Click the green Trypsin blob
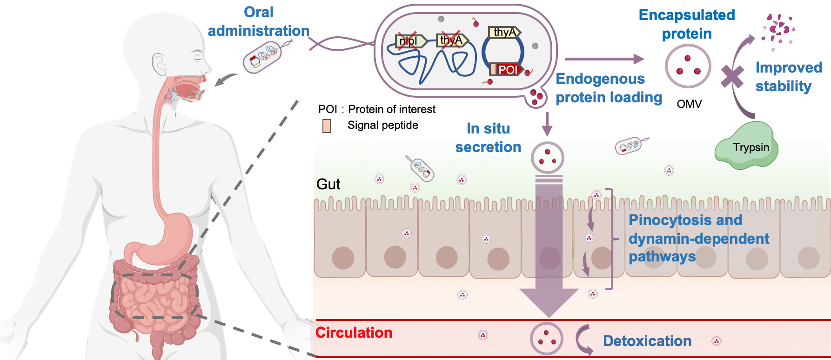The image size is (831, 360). click(746, 146)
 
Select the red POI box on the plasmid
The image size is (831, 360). click(507, 70)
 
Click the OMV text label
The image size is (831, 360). click(689, 104)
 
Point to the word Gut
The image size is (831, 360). click(328, 185)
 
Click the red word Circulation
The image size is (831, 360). click(354, 333)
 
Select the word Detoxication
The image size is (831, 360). click(647, 341)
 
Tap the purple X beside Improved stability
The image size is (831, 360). click(732, 77)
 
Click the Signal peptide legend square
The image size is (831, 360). click(327, 126)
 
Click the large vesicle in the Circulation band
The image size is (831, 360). click(547, 339)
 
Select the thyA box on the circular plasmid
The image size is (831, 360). click(504, 32)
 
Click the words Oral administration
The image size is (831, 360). click(258, 21)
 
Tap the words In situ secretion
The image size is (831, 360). click(488, 138)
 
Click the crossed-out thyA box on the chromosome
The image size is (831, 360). click(451, 40)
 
